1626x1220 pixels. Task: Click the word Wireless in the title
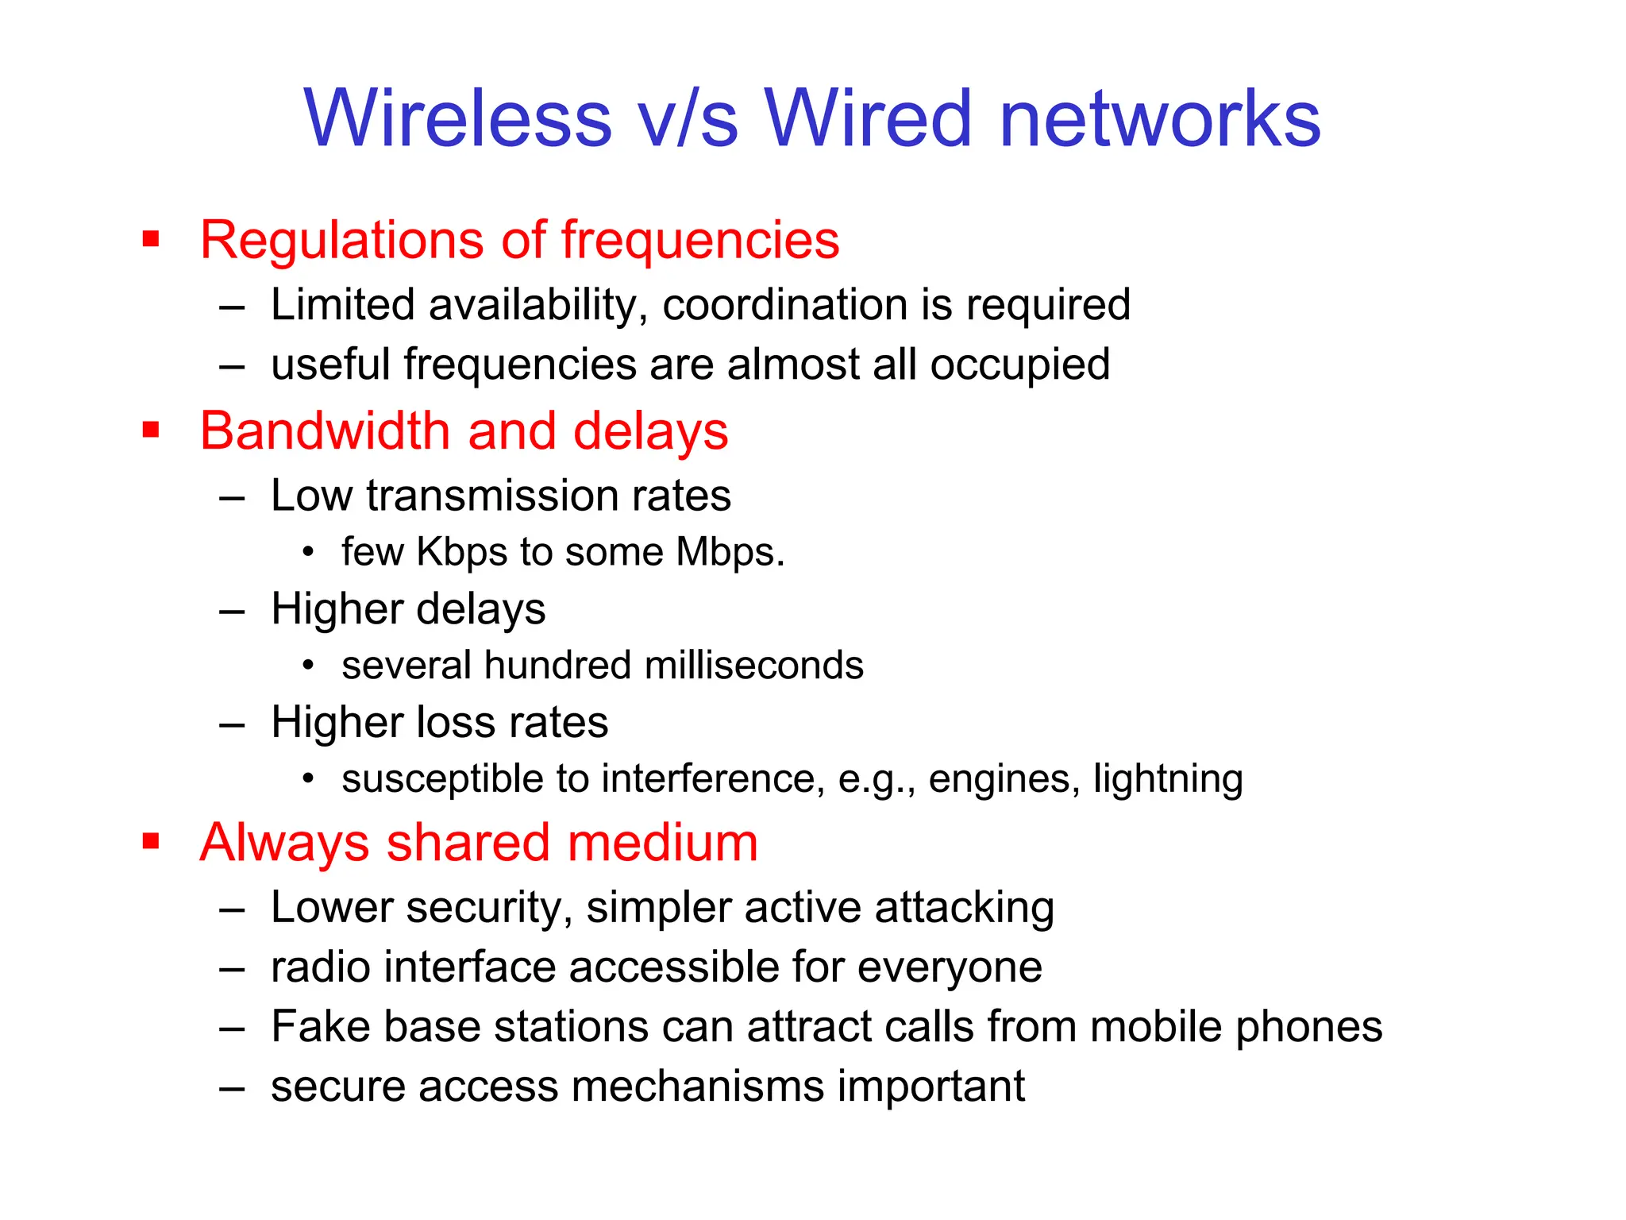[x=458, y=118]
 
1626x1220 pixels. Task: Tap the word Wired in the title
[x=867, y=118]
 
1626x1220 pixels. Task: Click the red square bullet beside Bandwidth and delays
[x=151, y=430]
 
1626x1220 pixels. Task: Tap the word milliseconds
[x=753, y=666]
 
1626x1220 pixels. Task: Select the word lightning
[x=1168, y=779]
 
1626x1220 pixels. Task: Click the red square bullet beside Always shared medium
[x=151, y=841]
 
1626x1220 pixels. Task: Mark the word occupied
[x=1019, y=365]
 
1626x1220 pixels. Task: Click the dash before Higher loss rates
[x=232, y=724]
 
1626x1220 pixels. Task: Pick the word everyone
[x=950, y=968]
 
